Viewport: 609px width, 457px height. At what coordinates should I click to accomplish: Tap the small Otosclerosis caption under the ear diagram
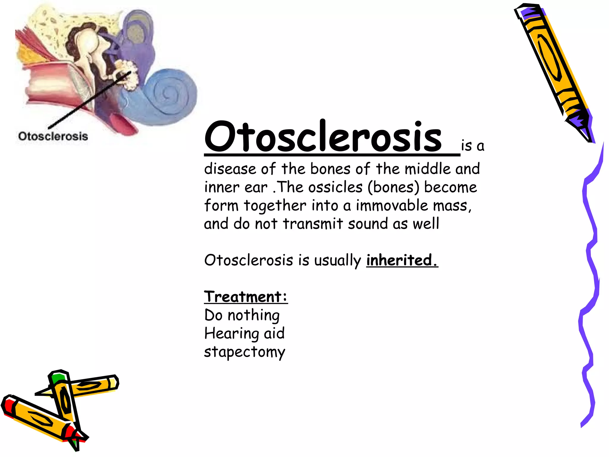(53, 136)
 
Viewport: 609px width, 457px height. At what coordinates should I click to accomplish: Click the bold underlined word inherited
(402, 260)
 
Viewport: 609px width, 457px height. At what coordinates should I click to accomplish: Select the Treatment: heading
(246, 297)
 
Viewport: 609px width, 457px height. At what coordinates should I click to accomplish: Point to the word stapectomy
(244, 352)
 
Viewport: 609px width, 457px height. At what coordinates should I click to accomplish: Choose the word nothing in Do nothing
(254, 315)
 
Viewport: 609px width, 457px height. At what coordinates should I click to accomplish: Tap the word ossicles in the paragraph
(335, 187)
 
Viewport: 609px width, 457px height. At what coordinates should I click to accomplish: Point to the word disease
(230, 169)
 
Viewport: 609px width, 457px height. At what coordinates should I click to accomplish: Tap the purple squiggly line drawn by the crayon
(590, 268)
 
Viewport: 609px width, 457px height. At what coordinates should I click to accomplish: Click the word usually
(338, 261)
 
